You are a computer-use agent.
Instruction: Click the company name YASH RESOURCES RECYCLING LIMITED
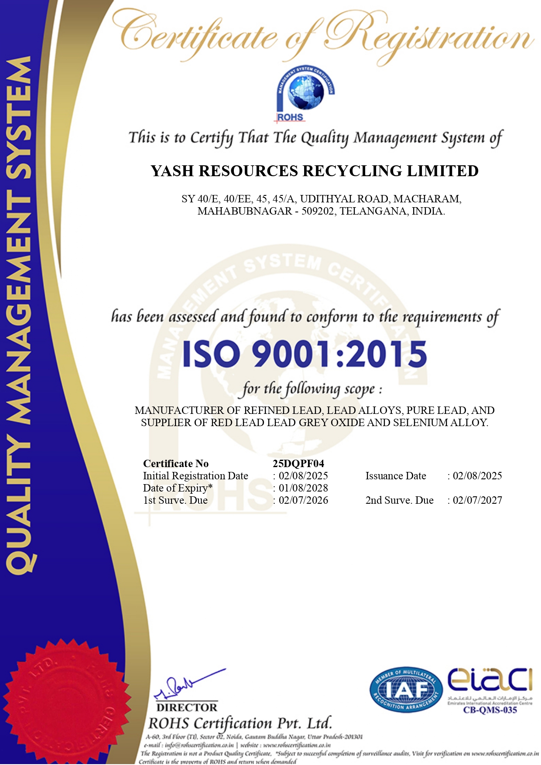314,171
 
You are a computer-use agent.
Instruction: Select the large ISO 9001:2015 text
304,354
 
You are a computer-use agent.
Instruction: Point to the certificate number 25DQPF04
298,464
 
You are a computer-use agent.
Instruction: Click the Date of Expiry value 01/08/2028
303,488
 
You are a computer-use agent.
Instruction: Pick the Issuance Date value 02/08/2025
477,476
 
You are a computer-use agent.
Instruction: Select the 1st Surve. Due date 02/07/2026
303,500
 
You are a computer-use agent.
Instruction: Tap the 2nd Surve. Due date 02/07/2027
477,500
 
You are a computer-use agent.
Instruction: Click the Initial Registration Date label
195,476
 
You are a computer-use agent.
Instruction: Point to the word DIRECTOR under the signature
187,707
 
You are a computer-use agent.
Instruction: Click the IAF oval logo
406,689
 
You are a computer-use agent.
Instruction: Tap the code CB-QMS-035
490,710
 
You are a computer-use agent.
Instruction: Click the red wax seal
65,702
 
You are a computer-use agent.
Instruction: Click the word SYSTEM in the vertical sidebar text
20,118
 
